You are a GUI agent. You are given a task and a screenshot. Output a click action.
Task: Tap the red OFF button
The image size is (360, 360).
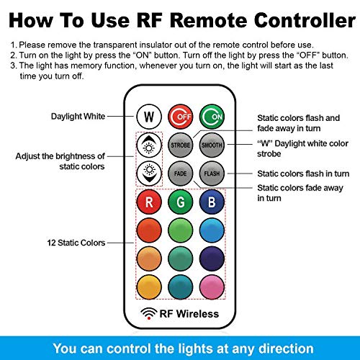[181, 117]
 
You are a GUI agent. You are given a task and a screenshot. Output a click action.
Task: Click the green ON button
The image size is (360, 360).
[212, 117]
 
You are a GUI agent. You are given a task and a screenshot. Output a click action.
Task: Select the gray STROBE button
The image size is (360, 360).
[181, 145]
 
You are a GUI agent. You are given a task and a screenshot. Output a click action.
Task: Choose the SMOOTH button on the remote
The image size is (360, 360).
[212, 145]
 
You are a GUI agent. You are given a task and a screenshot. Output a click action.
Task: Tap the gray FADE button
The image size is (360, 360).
[181, 174]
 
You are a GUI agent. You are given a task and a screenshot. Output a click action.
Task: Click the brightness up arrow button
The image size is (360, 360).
[149, 145]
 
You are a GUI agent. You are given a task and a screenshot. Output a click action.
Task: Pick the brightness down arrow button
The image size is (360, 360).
[149, 174]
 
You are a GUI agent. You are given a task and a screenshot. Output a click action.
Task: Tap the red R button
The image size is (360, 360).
[149, 202]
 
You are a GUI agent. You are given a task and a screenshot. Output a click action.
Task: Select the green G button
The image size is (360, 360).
[181, 202]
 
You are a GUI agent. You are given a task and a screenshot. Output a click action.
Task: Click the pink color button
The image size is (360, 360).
[212, 287]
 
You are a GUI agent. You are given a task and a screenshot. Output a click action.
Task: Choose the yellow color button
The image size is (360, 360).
[149, 287]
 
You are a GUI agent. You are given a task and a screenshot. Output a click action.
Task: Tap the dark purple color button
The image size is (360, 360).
[212, 258]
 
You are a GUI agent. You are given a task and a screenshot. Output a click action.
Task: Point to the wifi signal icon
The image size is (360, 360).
[149, 313]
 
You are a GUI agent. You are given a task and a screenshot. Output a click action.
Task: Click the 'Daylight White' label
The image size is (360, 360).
[78, 117]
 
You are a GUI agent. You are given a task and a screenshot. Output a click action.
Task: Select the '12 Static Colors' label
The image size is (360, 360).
[76, 243]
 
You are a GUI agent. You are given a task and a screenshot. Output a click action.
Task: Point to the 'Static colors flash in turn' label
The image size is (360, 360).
[303, 174]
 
